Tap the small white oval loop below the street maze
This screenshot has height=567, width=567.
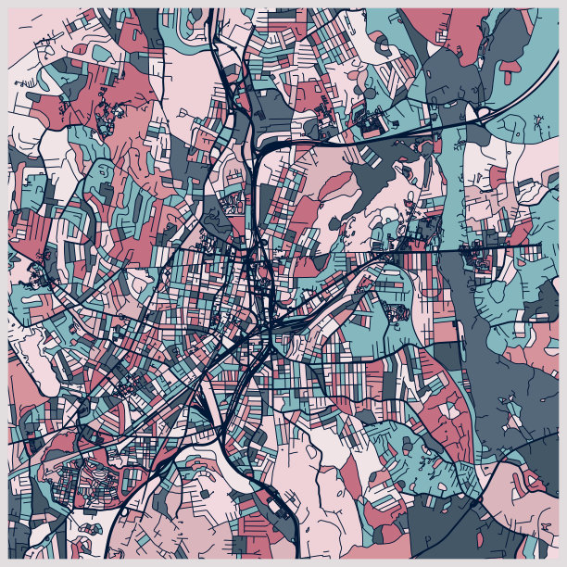coord(125,510)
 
